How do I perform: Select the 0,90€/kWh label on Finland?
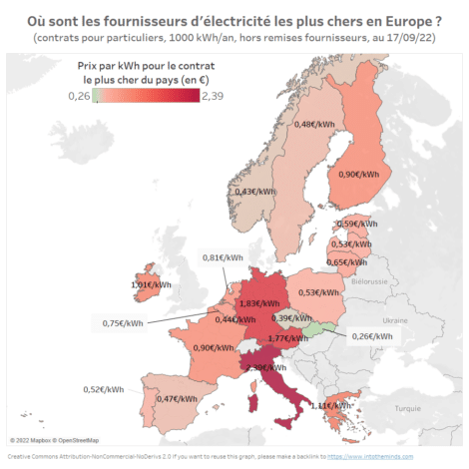pos(357,174)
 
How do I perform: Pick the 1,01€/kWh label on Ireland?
pos(149,284)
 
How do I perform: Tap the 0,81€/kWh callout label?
pos(223,257)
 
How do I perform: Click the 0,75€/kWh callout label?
pos(123,322)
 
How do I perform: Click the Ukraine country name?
pos(397,320)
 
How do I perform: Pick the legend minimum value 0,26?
pos(79,96)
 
